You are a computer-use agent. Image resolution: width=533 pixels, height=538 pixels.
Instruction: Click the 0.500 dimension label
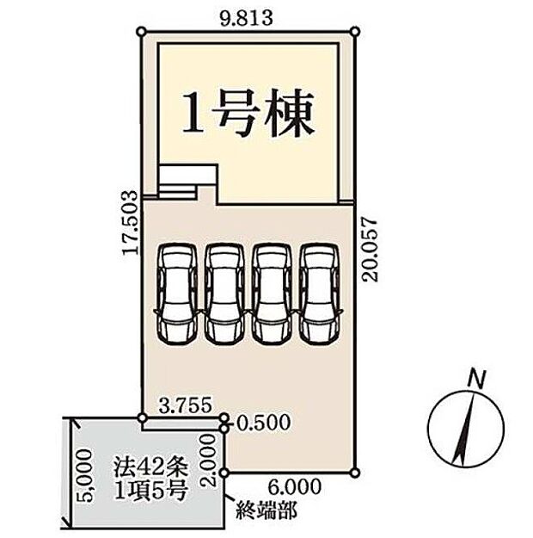point(263,424)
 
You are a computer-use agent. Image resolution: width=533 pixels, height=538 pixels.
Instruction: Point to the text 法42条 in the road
point(146,470)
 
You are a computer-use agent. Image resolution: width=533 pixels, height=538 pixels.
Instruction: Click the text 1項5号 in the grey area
point(146,492)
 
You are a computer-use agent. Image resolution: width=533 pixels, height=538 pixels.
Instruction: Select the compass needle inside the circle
point(468,427)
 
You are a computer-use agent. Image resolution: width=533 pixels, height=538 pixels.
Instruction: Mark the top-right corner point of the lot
point(354,30)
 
